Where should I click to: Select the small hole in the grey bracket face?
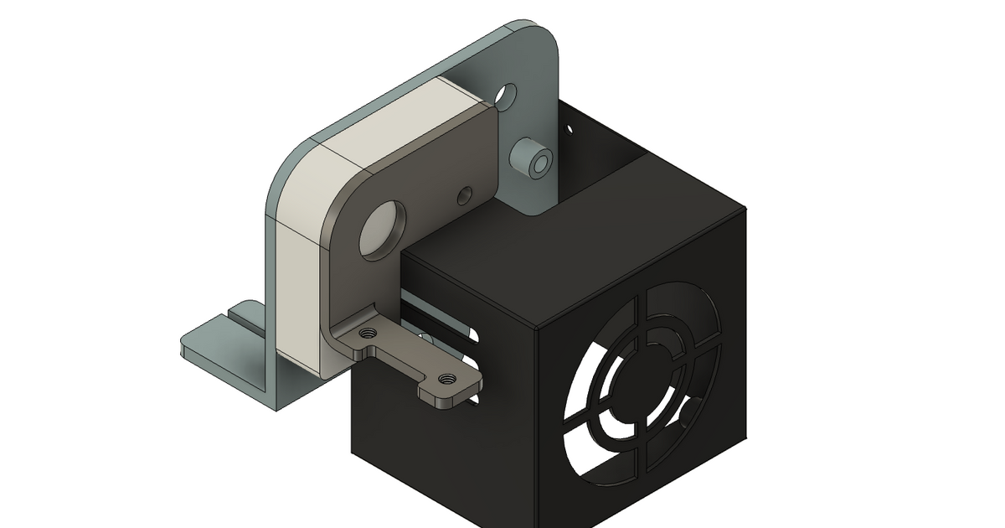click(x=464, y=197)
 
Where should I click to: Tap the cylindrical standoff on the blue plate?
click(x=533, y=160)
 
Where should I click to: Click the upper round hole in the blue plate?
click(x=508, y=95)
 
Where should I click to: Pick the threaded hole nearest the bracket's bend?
click(x=366, y=333)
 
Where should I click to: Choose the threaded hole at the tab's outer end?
click(x=446, y=379)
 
